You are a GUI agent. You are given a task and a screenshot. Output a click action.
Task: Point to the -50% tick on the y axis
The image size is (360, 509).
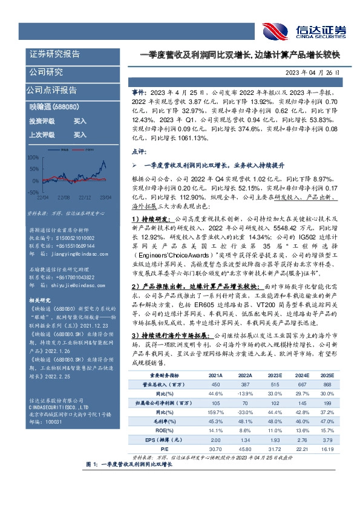33,192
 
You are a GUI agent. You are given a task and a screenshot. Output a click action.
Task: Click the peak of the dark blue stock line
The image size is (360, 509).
104,161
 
